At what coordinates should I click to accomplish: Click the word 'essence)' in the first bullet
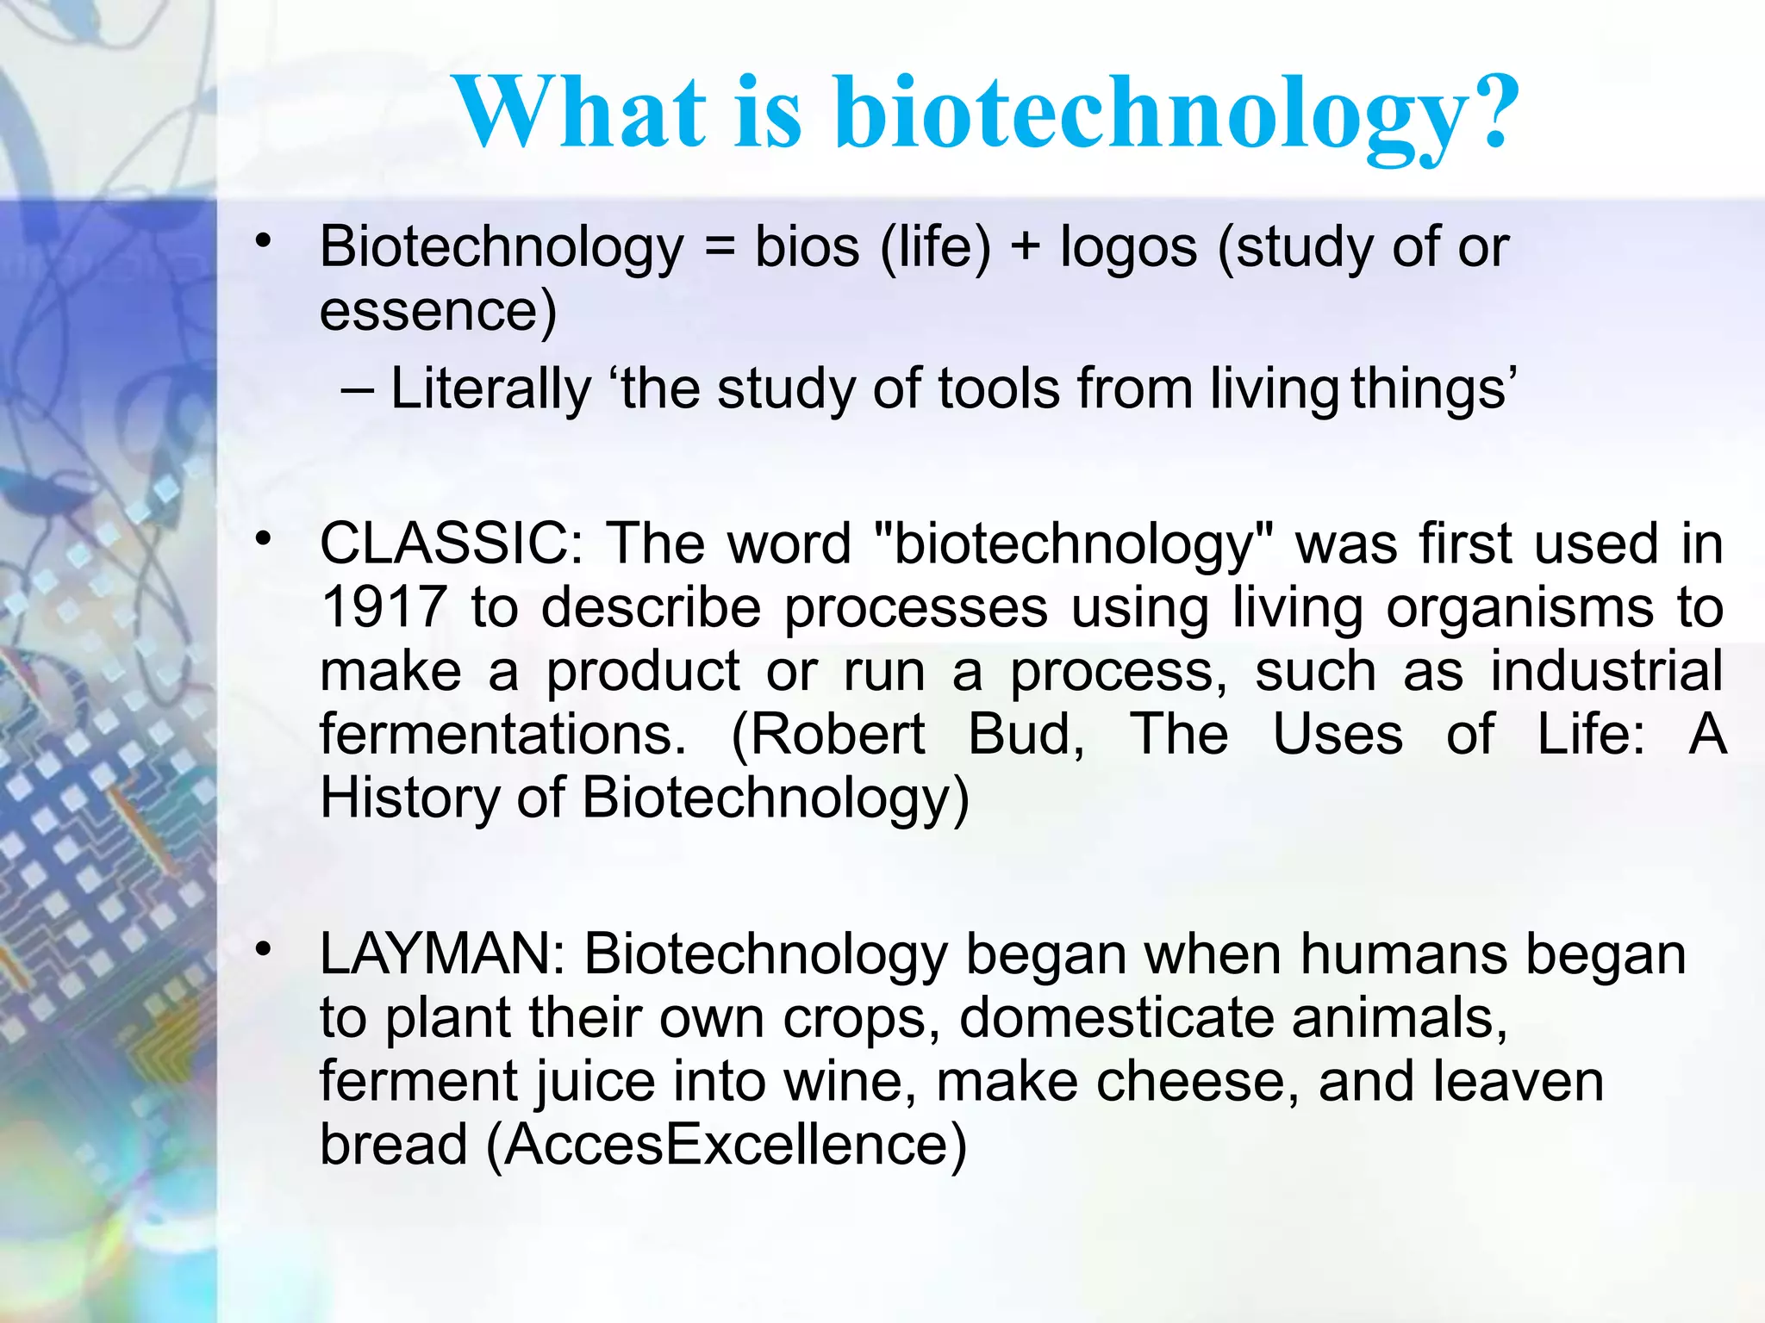(x=438, y=312)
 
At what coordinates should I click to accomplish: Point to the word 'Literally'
(x=490, y=388)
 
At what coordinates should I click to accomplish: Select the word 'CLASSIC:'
(x=452, y=544)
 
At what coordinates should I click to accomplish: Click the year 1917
(x=384, y=607)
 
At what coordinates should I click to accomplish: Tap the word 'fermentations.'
(x=502, y=735)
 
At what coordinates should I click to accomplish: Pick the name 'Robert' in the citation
(x=828, y=735)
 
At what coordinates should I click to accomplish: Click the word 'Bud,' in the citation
(x=1026, y=735)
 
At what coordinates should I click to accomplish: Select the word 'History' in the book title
(x=409, y=798)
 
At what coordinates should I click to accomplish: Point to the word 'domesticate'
(x=1116, y=1018)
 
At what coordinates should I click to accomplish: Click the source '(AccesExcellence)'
(x=727, y=1145)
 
